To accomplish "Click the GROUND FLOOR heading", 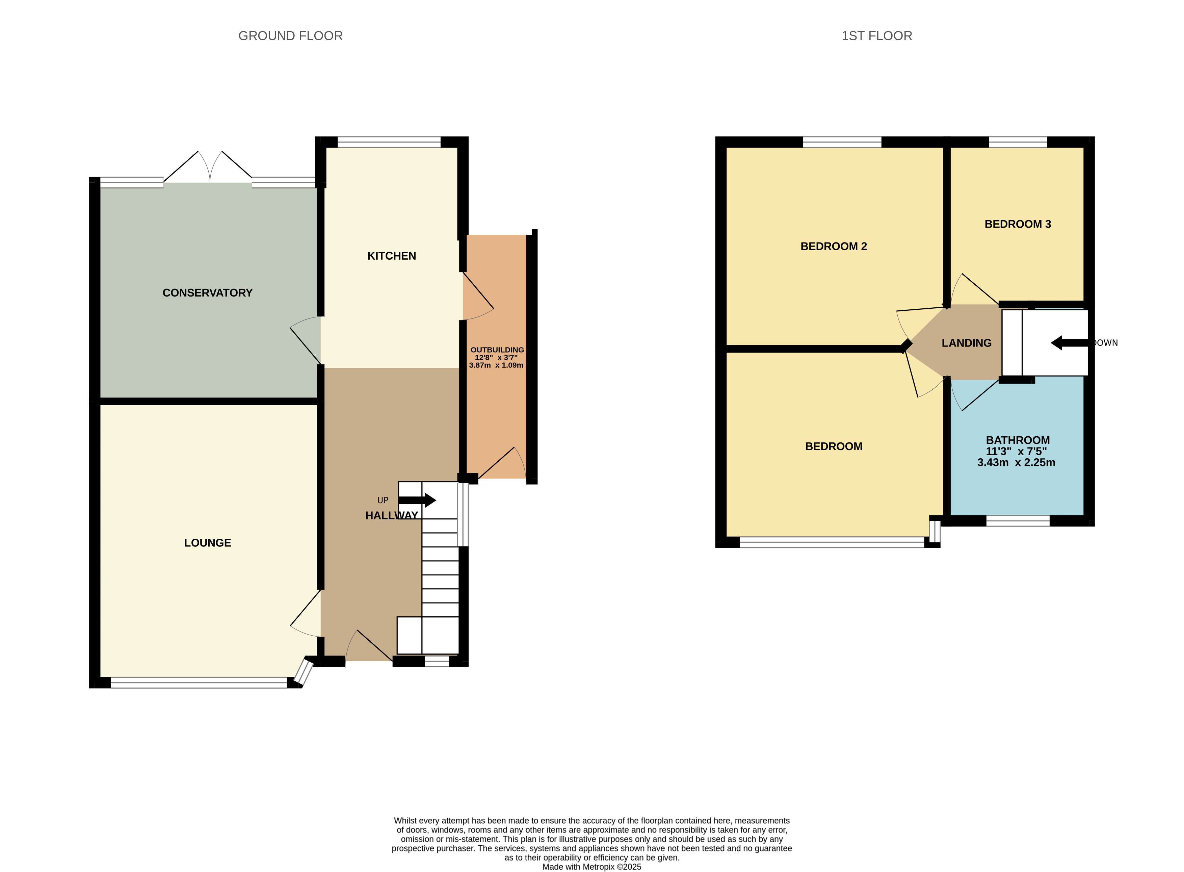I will (290, 36).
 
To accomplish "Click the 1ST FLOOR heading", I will (876, 36).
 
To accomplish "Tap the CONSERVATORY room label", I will (207, 293).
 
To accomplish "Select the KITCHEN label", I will (392, 256).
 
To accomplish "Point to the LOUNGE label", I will (207, 543).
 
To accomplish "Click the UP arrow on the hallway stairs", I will (418, 500).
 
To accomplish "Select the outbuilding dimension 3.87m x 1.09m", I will (496, 365).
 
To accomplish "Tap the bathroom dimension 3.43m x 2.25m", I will (1016, 462).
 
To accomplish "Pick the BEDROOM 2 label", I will (833, 246).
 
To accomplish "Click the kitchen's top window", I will (389, 142).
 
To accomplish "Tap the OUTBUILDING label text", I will (497, 350).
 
